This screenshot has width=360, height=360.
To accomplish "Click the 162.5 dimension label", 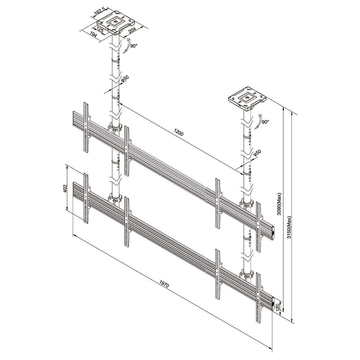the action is (x=99, y=13).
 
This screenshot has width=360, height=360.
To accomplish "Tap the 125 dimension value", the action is (x=99, y=30).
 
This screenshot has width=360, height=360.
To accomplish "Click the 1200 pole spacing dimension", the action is (x=179, y=132).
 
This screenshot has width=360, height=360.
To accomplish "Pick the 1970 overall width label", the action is (x=164, y=284).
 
